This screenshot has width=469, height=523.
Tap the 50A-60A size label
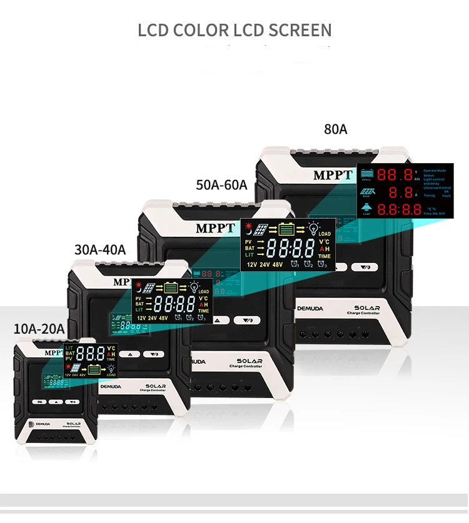tap(221, 185)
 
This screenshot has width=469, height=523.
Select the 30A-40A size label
tap(100, 249)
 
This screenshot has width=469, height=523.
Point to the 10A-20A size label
tap(38, 329)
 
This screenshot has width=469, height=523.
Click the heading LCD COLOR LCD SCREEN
tap(234, 30)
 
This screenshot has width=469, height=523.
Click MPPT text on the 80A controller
tap(333, 175)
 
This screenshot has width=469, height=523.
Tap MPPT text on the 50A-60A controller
tap(214, 228)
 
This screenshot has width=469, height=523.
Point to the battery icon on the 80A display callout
tap(366, 173)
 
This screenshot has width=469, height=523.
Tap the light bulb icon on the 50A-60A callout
tap(313, 229)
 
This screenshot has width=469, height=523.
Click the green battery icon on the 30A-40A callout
tap(171, 287)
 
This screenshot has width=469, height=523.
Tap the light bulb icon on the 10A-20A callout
tap(111, 369)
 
